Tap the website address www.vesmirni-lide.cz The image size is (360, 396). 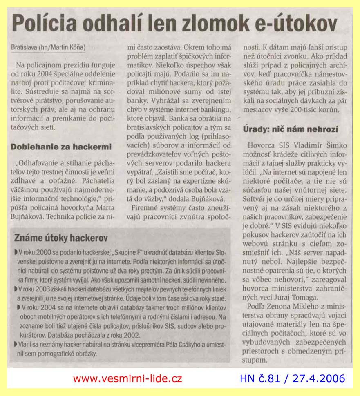[127, 378]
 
